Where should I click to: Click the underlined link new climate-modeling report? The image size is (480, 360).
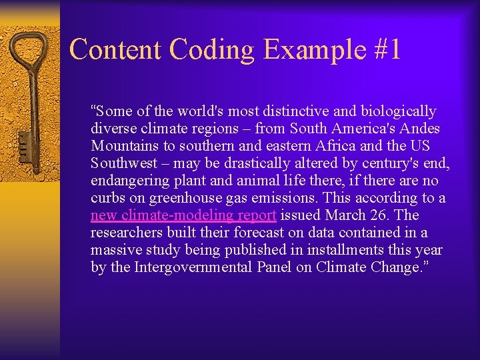point(183,215)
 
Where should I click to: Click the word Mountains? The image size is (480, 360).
point(123,146)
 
